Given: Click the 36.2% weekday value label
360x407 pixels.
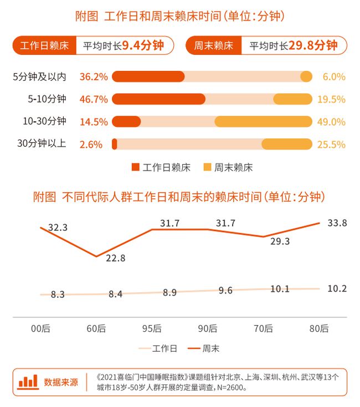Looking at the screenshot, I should point(94,77).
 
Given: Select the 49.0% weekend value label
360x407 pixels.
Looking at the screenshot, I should point(331,122).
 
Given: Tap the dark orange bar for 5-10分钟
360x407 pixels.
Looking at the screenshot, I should point(158,99).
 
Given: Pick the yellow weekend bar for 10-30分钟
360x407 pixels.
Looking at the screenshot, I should point(263,122).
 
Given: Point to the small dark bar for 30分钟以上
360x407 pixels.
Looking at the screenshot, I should point(115,145).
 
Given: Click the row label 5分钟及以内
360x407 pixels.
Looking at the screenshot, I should point(39,77).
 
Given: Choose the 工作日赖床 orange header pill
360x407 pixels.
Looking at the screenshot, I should point(44,46).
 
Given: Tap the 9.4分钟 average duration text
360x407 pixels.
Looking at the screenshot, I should point(143,46).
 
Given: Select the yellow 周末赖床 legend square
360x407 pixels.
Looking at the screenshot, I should point(207,167).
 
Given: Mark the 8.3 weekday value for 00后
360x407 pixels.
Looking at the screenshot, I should point(58,295).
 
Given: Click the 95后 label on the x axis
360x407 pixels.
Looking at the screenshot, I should point(152,328).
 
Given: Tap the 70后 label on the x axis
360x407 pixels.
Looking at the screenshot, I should point(264,328).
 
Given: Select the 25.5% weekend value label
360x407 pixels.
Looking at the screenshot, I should point(331,145).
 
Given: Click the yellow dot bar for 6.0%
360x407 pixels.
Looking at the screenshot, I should point(306,77).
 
